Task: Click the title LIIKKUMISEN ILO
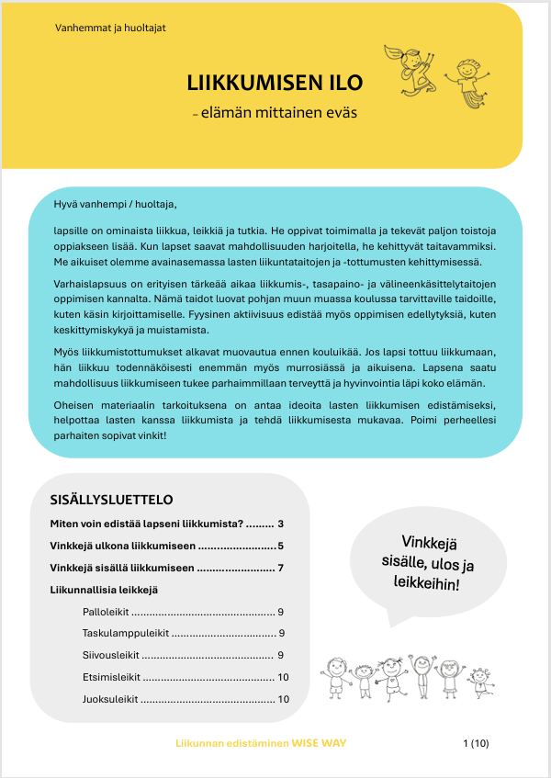275,84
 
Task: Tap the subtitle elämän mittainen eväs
278,113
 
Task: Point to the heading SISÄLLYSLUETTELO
111,501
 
